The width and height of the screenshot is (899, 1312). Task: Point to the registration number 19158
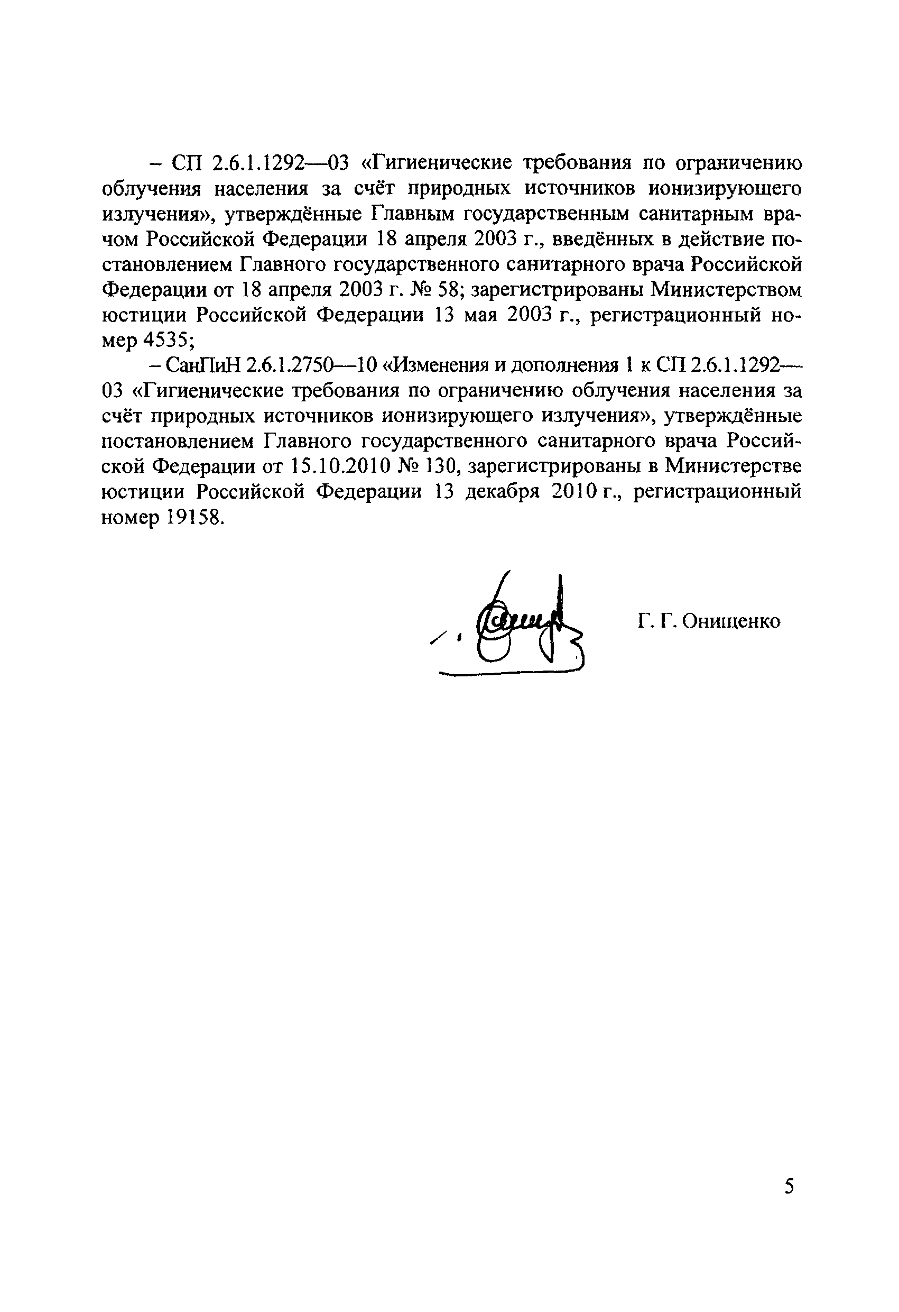[191, 517]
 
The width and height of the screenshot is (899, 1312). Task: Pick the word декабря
[502, 491]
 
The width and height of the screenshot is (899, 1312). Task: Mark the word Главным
[413, 214]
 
